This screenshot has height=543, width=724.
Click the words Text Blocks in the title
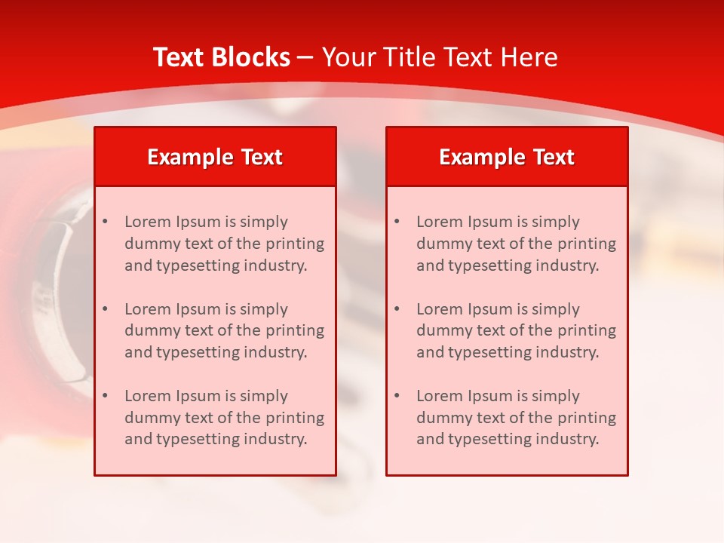pyautogui.click(x=221, y=57)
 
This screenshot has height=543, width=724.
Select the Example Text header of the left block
pyautogui.click(x=215, y=157)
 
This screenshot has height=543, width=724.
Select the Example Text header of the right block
pyautogui.click(x=507, y=157)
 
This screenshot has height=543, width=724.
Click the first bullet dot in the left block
pyautogui.click(x=106, y=222)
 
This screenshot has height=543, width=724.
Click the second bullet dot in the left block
pyautogui.click(x=106, y=309)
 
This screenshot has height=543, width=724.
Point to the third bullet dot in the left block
pyautogui.click(x=106, y=396)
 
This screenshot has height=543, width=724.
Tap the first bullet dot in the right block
pyautogui.click(x=397, y=222)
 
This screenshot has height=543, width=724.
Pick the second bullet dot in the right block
pyautogui.click(x=397, y=309)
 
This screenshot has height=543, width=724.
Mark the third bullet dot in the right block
pyautogui.click(x=397, y=396)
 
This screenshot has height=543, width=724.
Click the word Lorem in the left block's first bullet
pyautogui.click(x=148, y=222)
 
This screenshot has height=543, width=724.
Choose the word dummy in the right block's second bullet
pyautogui.click(x=443, y=331)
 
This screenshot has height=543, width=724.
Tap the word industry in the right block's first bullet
pyautogui.click(x=569, y=265)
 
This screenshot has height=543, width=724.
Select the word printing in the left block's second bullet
pyautogui.click(x=296, y=331)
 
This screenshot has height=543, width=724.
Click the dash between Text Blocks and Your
pyautogui.click(x=305, y=57)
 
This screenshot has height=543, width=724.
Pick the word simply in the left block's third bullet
pyautogui.click(x=264, y=396)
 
